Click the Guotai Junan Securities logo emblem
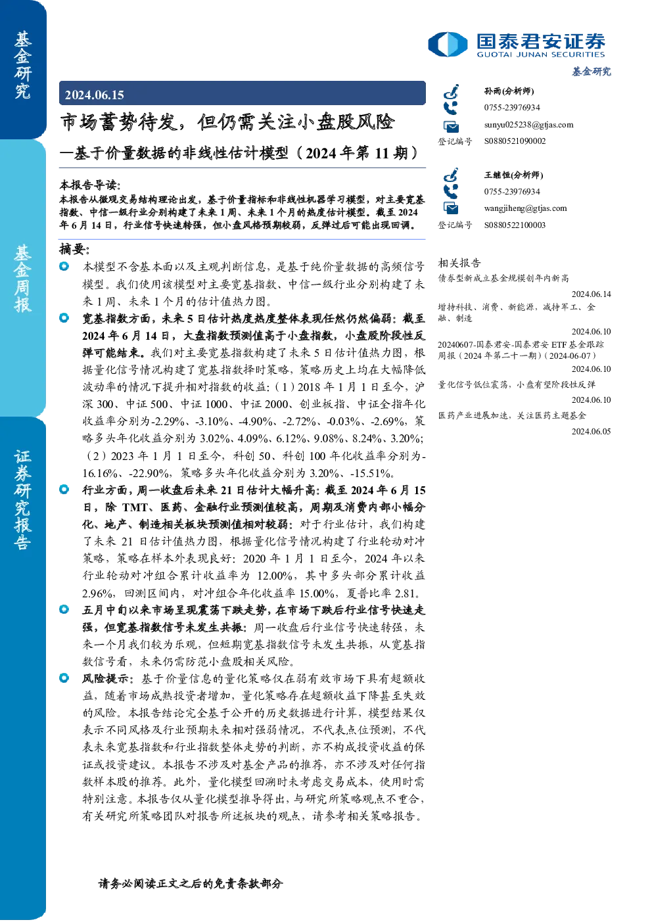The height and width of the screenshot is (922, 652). tap(448, 44)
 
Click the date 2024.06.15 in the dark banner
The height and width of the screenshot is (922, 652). tap(94, 95)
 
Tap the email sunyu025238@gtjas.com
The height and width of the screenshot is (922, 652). tap(528, 125)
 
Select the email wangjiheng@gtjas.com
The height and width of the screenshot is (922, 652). tap(525, 208)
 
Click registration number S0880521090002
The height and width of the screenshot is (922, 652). tap(515, 141)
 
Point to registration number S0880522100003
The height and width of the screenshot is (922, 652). tap(515, 225)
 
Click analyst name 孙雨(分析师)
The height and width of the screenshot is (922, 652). tap(509, 91)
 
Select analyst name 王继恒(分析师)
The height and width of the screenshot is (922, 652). tap(513, 175)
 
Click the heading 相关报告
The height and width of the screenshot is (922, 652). tap(459, 263)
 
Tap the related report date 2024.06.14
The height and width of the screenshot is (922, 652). tap(591, 294)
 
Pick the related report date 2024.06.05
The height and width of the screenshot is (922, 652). tap(591, 432)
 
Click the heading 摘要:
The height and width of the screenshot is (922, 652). tap(74, 250)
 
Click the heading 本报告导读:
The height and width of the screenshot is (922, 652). tap(90, 185)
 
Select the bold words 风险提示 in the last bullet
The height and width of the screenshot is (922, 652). tap(105, 679)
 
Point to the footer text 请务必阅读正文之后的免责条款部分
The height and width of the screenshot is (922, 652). tap(191, 883)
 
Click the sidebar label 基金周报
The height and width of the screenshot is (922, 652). tap(22, 279)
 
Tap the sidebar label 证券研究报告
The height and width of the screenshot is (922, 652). tap(22, 499)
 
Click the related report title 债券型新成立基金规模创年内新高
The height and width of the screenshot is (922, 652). tap(503, 279)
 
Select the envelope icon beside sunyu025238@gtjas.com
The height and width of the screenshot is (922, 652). tap(451, 126)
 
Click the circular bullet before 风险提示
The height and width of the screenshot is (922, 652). tap(64, 678)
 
